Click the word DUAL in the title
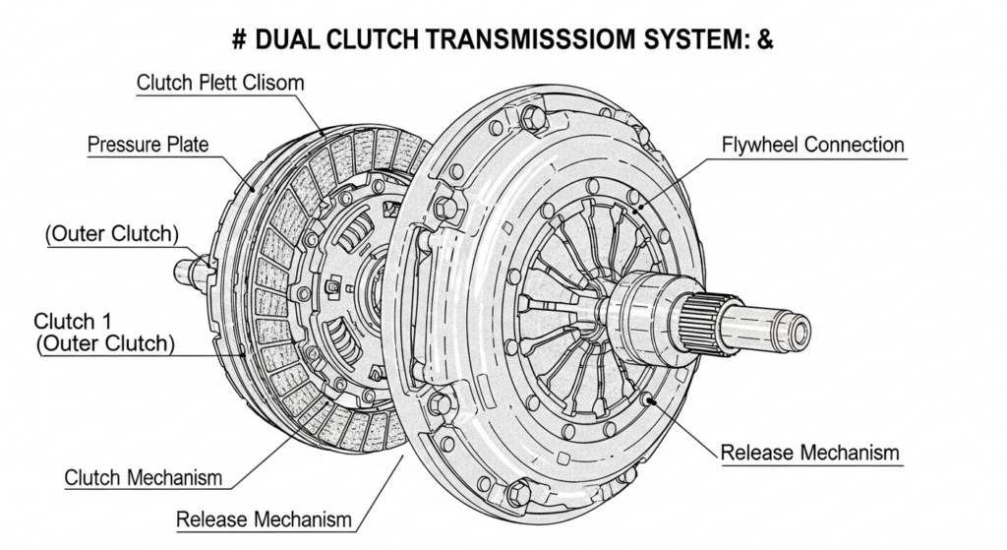tap(287, 39)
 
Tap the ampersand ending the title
tap(765, 39)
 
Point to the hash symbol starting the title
tap(239, 39)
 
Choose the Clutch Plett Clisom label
tap(220, 83)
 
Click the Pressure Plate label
tap(148, 144)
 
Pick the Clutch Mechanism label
tap(144, 478)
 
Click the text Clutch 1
tap(64, 321)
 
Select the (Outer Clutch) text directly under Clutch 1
tap(105, 343)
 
